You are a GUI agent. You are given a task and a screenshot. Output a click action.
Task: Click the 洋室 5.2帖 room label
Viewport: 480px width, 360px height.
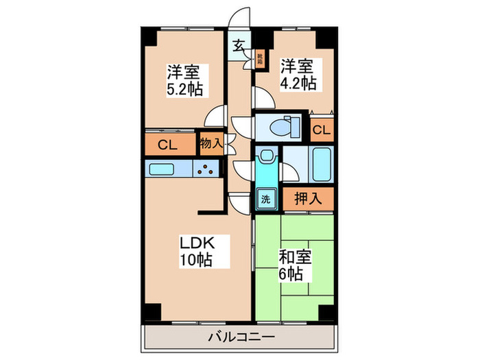184,80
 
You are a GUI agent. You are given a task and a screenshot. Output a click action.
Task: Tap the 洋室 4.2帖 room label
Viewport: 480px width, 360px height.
298,75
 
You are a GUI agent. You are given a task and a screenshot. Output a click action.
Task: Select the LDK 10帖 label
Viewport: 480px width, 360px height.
196,251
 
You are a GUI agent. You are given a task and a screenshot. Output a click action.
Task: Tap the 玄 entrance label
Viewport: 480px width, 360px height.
238,47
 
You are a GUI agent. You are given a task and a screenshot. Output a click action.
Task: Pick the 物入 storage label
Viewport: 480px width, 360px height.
211,144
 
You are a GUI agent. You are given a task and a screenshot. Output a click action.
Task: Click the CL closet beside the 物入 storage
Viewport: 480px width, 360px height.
169,145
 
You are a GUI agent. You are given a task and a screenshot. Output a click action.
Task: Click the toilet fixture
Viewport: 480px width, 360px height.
281,127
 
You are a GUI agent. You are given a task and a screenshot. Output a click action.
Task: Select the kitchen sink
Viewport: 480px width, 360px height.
164,169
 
